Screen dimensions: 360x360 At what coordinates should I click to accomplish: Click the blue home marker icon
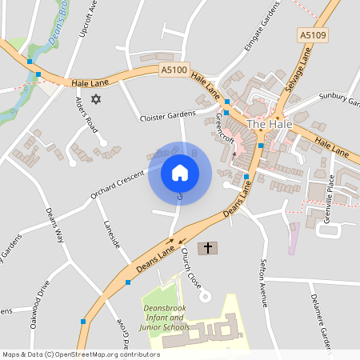pos(180,173)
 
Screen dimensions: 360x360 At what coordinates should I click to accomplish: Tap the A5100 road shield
pos(174,70)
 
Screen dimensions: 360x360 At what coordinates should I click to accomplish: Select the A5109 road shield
pos(313,35)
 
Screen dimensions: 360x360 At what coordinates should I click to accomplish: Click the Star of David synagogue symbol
pos(98,99)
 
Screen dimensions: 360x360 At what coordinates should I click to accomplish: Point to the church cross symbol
pos(208,248)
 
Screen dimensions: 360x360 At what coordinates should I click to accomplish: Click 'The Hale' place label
pos(268,124)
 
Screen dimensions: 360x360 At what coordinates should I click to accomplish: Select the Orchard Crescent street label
pos(117,183)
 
